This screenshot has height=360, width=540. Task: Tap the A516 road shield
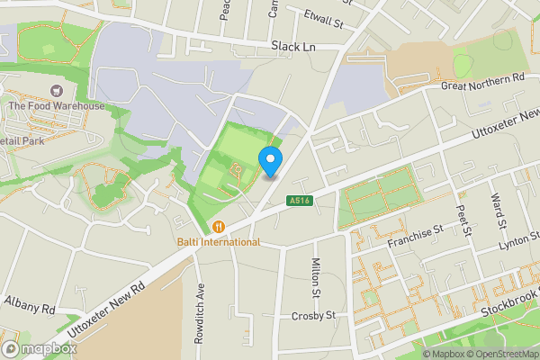[x=300, y=201]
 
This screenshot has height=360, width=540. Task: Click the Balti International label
[x=218, y=242]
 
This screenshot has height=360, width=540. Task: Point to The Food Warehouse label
[x=56, y=106]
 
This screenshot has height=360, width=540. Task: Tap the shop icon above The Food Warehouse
[x=57, y=90]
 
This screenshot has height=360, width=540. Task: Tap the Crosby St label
[x=313, y=316]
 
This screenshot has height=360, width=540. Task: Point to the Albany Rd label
[x=30, y=309]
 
